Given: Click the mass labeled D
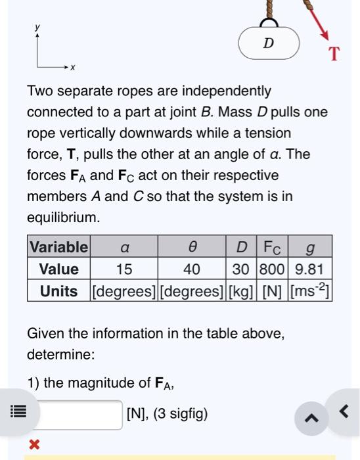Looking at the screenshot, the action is tap(268, 43).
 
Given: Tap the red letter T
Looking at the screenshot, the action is tap(334, 54).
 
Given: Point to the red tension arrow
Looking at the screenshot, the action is tap(316, 20).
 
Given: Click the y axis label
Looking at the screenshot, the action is tap(37, 27).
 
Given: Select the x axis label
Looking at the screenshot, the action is tap(73, 67).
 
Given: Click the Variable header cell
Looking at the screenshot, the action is tap(58, 247).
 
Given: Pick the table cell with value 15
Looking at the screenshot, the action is tap(124, 269).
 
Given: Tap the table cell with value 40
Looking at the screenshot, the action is tap(191, 269).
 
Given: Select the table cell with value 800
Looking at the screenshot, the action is tap(273, 269).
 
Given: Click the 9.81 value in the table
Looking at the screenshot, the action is tap(309, 269).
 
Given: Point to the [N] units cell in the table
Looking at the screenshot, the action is tap(273, 291).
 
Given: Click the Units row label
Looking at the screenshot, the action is tap(58, 291).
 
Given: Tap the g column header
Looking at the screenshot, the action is tap(309, 247).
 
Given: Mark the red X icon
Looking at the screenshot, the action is tap(34, 445).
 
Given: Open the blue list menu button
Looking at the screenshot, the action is tap(18, 414).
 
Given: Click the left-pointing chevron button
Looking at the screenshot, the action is tap(343, 412).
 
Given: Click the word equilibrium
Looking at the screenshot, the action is tap(62, 218).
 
